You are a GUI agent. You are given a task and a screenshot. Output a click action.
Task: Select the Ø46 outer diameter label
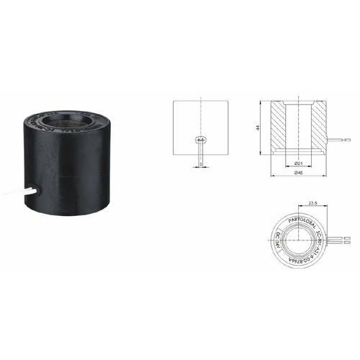pos(298,174)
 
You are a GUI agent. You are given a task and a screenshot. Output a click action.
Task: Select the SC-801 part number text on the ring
pos(318,233)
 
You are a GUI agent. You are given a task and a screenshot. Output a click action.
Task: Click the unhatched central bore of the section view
pos(297,126)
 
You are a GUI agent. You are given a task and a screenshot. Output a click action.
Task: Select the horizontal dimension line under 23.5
pos(312,208)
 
